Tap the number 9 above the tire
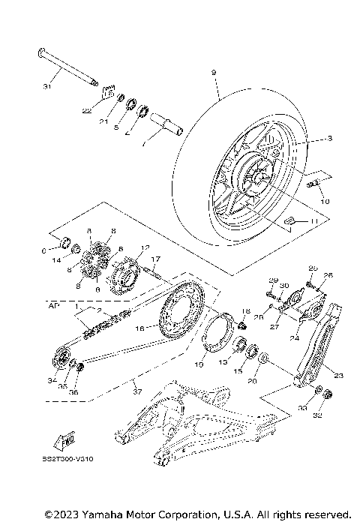pos(214,72)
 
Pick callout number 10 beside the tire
pos(324,201)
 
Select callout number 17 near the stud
pos(155,259)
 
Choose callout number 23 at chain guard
pos(337,376)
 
